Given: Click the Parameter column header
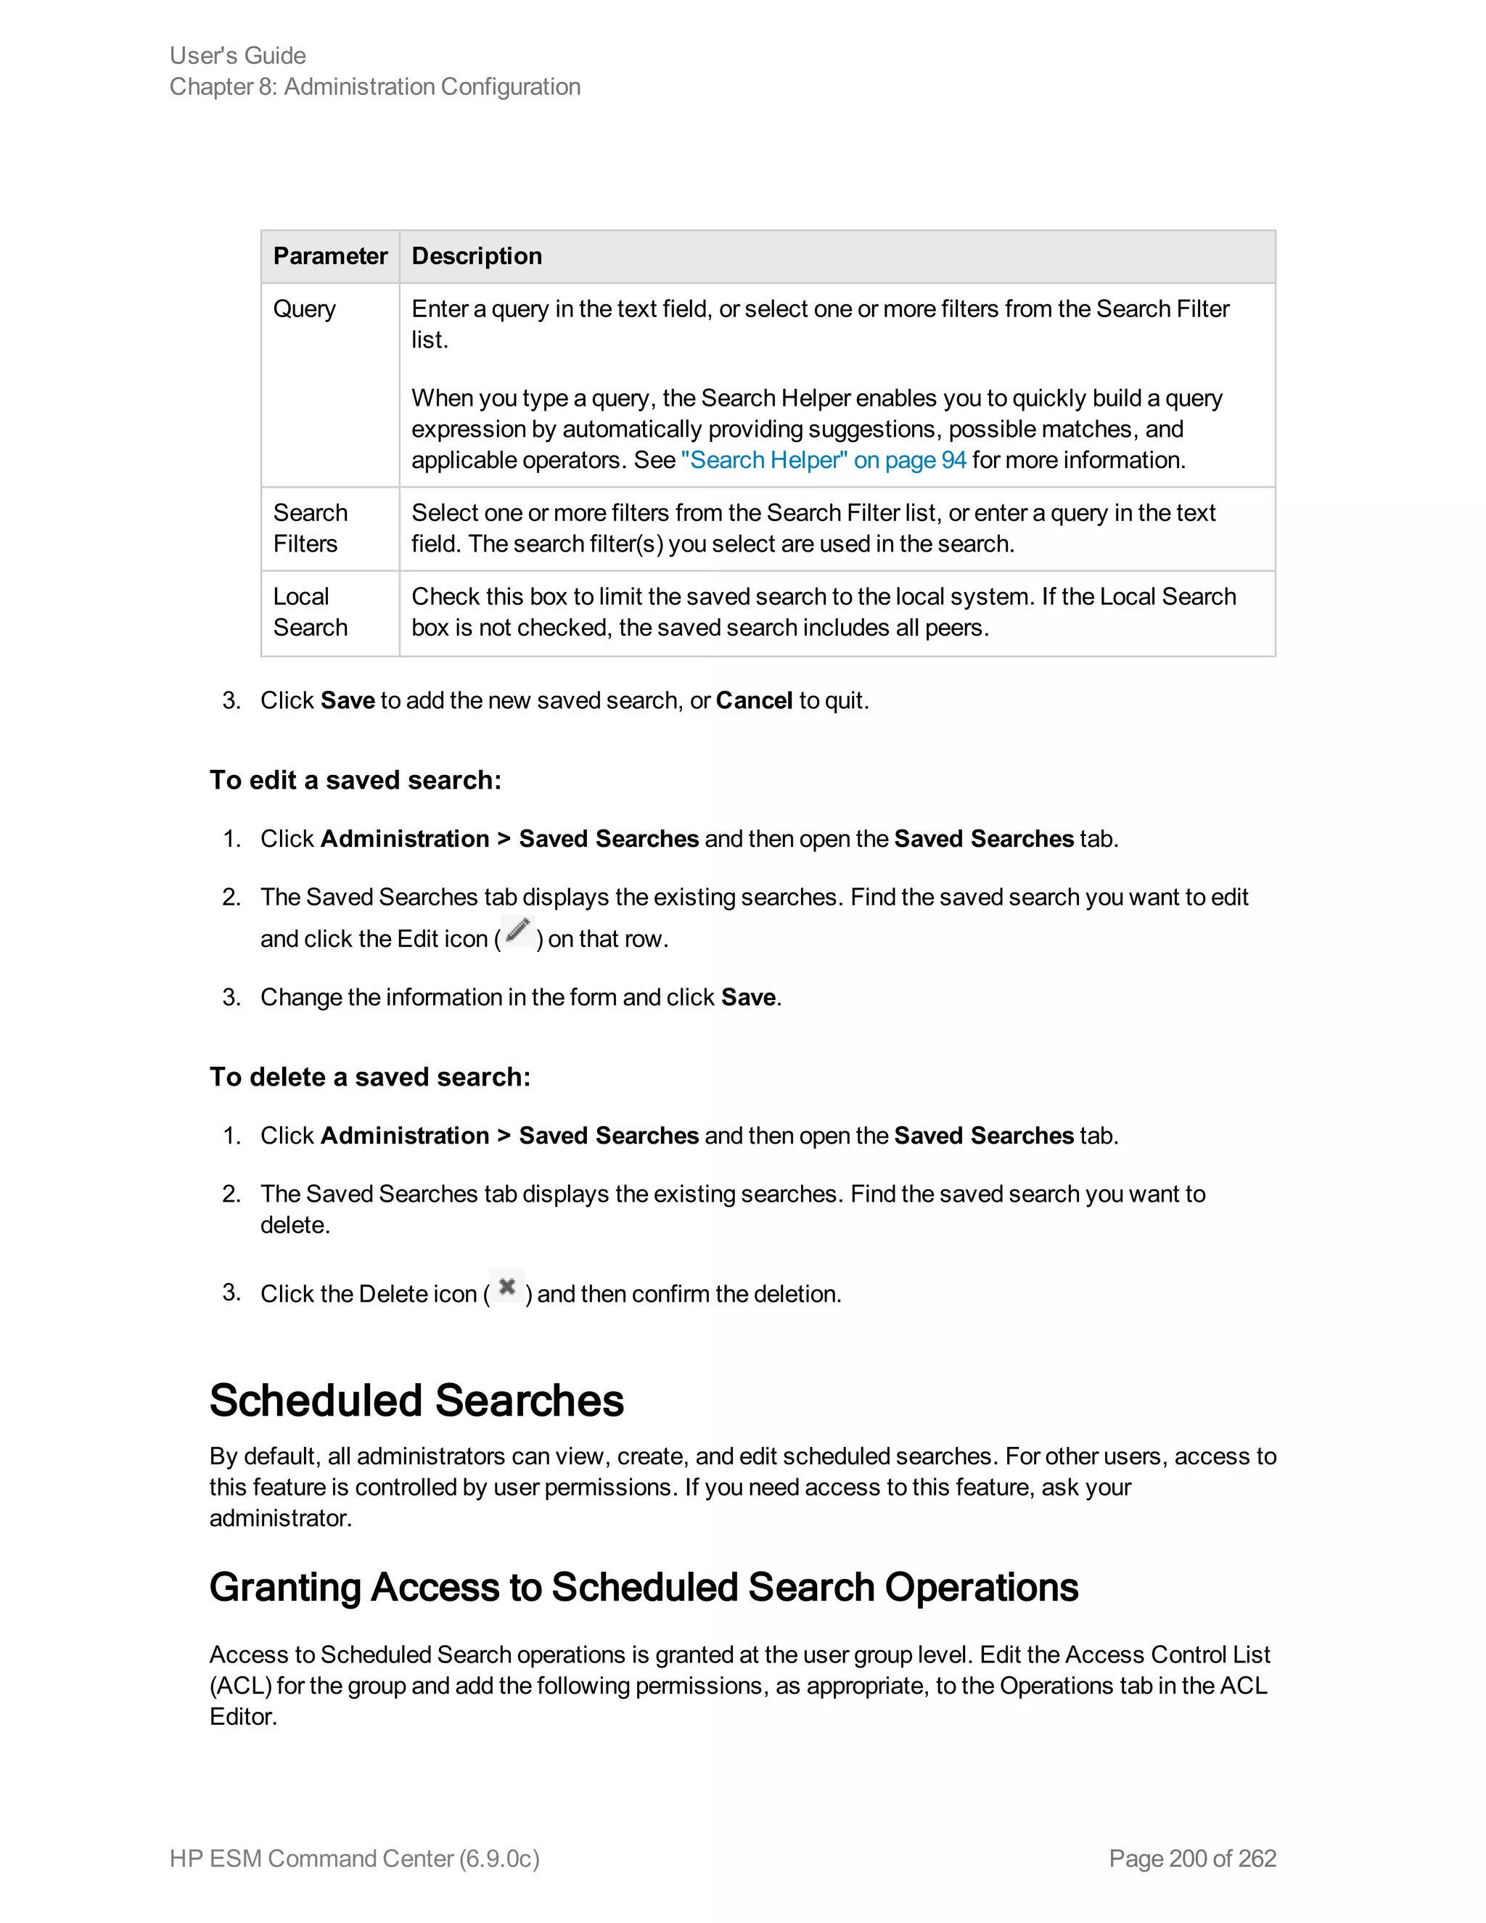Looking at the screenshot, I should [x=330, y=256].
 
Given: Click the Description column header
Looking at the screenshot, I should [x=476, y=256].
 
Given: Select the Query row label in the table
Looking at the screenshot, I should [x=305, y=309].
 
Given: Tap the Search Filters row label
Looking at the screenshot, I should [x=310, y=528].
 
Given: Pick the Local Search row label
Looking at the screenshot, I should [x=310, y=612].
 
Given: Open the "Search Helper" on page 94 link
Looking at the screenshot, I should [x=823, y=461].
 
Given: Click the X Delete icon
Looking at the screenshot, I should [x=507, y=1287].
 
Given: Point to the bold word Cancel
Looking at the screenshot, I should [x=754, y=701].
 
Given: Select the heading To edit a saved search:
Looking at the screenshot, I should [x=355, y=780].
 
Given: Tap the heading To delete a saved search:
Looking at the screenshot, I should [x=370, y=1077].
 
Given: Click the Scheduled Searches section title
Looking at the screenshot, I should [x=416, y=1400].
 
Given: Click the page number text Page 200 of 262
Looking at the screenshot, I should [x=1192, y=1858].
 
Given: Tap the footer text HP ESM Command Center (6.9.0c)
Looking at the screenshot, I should [x=354, y=1858].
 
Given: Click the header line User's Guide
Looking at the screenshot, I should [x=238, y=55].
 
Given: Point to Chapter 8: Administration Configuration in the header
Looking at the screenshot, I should [x=375, y=87].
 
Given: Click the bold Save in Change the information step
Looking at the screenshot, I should [x=748, y=998].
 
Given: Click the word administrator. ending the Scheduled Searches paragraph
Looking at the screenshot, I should [x=280, y=1518].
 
